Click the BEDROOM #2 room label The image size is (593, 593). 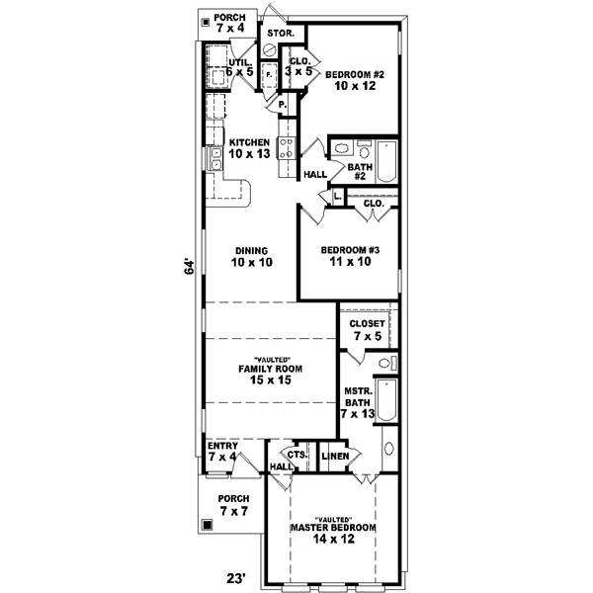click(x=355, y=81)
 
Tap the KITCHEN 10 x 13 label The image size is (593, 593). click(x=249, y=148)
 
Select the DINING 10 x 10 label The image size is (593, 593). click(x=252, y=256)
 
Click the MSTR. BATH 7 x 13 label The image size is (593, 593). click(x=357, y=405)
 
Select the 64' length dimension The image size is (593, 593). click(x=188, y=269)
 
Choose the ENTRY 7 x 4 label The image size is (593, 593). click(x=221, y=452)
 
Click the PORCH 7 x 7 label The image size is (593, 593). click(x=234, y=504)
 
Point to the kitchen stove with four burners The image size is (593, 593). click(x=286, y=149)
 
